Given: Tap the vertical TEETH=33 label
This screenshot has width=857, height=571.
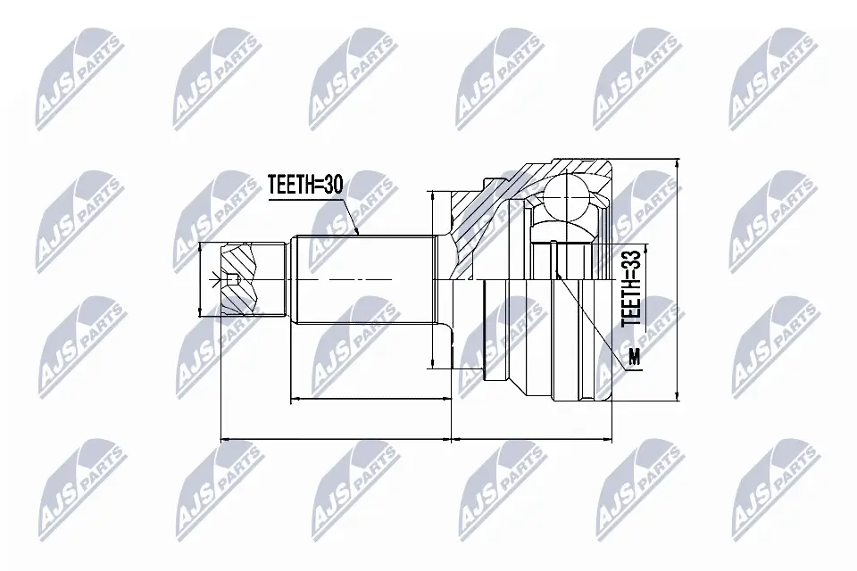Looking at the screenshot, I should (x=631, y=286).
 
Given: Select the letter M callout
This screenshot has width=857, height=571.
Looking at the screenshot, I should (x=634, y=358).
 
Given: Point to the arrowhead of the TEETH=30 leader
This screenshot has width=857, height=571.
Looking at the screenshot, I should (x=357, y=233).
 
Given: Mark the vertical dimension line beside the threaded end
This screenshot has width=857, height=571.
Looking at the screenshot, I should (x=198, y=280).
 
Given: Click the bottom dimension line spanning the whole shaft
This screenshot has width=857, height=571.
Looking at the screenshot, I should (x=336, y=439).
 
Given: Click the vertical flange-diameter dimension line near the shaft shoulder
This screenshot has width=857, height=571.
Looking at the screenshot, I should (x=431, y=278).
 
